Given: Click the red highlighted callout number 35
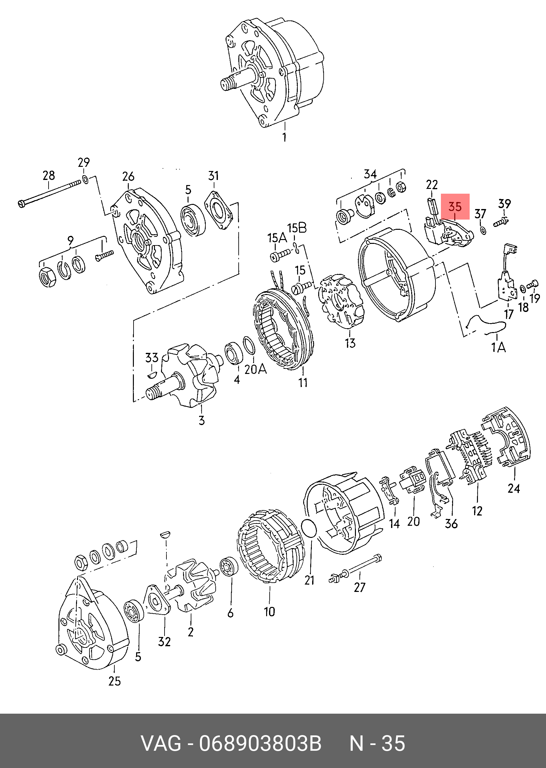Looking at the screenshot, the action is pyautogui.click(x=455, y=206).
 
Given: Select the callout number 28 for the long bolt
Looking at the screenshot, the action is pyautogui.click(x=49, y=175).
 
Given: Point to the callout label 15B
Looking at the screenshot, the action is pyautogui.click(x=297, y=228).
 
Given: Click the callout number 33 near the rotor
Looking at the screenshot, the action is pyautogui.click(x=152, y=357).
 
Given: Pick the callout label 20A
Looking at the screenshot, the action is pyautogui.click(x=256, y=369).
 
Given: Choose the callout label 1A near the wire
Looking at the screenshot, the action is pyautogui.click(x=499, y=347).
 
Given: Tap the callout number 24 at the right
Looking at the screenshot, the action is pyautogui.click(x=514, y=489).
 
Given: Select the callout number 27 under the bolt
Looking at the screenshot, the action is pyautogui.click(x=359, y=587).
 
